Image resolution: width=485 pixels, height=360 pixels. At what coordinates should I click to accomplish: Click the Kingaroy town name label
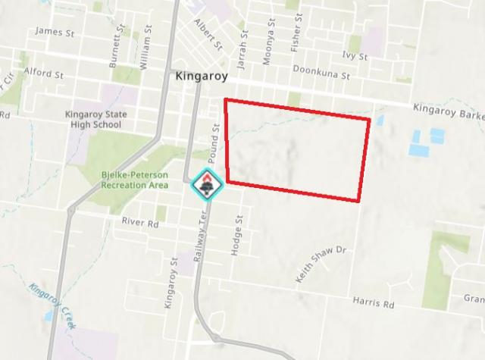201,77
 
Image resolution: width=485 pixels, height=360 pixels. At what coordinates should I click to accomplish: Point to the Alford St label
42,74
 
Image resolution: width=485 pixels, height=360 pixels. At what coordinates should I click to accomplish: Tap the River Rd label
140,224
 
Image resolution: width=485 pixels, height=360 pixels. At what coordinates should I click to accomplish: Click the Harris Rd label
374,303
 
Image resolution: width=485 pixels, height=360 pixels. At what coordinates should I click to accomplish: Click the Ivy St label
354,56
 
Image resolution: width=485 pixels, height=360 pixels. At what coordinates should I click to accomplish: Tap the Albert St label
208,35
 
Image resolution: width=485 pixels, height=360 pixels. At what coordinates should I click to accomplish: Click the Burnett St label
115,46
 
